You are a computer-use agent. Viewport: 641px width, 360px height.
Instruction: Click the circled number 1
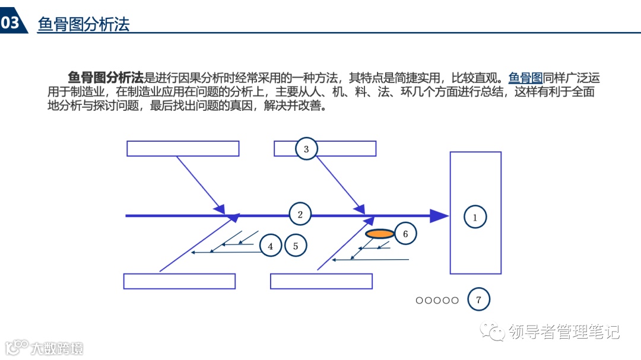click(475, 217)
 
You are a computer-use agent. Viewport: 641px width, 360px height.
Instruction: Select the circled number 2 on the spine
click(300, 215)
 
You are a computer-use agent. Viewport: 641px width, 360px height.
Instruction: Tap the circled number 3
click(306, 149)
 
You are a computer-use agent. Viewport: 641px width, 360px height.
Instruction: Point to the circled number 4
click(271, 246)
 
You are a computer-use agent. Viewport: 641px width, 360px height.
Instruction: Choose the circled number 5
click(296, 245)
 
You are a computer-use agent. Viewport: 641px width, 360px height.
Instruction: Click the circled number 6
click(405, 234)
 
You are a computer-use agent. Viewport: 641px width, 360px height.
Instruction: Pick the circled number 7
click(479, 300)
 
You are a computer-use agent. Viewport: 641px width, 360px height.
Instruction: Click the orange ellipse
click(379, 234)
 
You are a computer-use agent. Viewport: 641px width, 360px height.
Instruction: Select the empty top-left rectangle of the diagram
click(183, 148)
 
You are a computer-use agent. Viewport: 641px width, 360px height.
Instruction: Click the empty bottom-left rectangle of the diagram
click(179, 281)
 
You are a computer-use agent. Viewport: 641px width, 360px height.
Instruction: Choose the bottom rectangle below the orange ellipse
click(321, 281)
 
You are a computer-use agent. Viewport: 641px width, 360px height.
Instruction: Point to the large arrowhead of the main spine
click(439, 216)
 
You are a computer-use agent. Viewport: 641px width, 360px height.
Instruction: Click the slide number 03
click(11, 23)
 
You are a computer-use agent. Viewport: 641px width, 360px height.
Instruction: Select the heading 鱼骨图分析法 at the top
click(83, 24)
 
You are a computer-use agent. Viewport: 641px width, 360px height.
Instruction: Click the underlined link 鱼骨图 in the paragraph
click(525, 78)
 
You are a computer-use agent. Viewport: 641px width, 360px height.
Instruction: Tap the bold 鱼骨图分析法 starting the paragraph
click(106, 78)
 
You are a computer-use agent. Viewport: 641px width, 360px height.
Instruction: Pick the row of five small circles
click(437, 300)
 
